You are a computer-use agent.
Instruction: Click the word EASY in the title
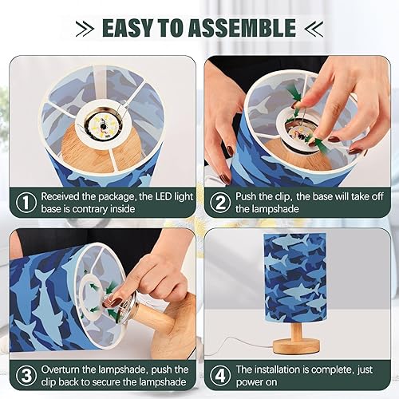pos(131,28)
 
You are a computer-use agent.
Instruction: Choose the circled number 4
pos(219,376)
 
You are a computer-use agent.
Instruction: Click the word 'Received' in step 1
pos(64,196)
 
